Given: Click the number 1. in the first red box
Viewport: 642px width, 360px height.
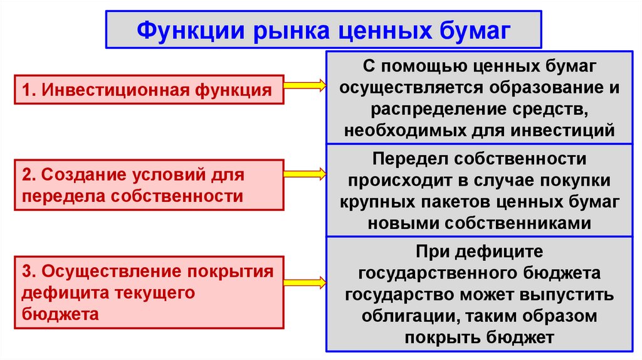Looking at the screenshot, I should tap(29, 90).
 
